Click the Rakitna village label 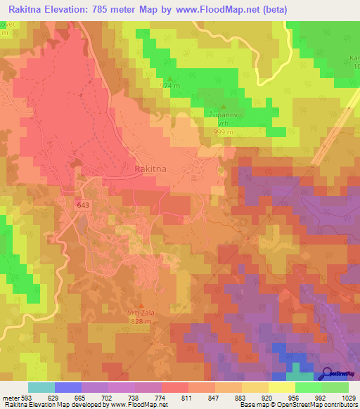(x=149, y=170)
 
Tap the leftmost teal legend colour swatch (x=41, y=387)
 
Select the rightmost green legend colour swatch (x=335, y=387)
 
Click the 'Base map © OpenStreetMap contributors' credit (x=298, y=405)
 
